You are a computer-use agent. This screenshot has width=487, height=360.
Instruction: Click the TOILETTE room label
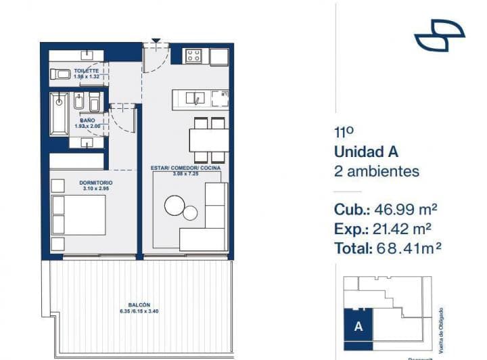tap(87, 71)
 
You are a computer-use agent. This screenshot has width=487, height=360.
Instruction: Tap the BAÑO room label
tap(87, 120)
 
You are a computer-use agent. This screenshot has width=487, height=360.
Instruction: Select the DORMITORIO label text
tap(95, 183)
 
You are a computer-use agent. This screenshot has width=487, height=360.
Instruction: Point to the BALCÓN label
tap(139, 305)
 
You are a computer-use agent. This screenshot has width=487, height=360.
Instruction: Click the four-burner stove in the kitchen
tap(195, 56)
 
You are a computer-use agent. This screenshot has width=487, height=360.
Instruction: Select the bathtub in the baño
tap(59, 114)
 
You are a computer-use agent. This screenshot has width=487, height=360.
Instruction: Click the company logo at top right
tap(439, 35)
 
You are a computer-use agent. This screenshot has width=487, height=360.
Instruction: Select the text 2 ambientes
tap(377, 172)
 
